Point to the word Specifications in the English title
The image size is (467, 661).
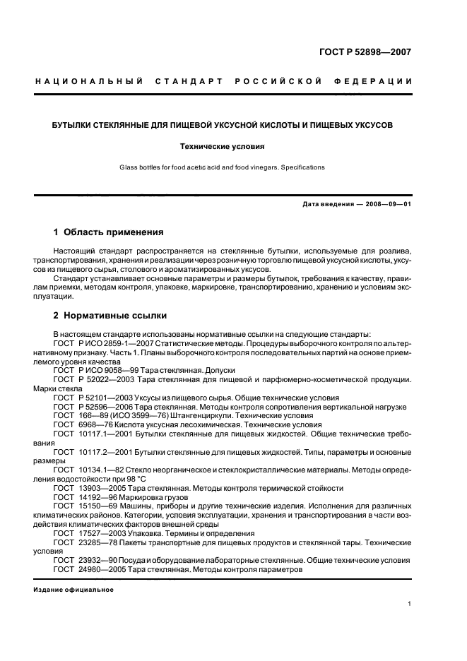click(x=298, y=167)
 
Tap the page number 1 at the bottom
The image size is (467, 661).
click(x=410, y=604)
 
